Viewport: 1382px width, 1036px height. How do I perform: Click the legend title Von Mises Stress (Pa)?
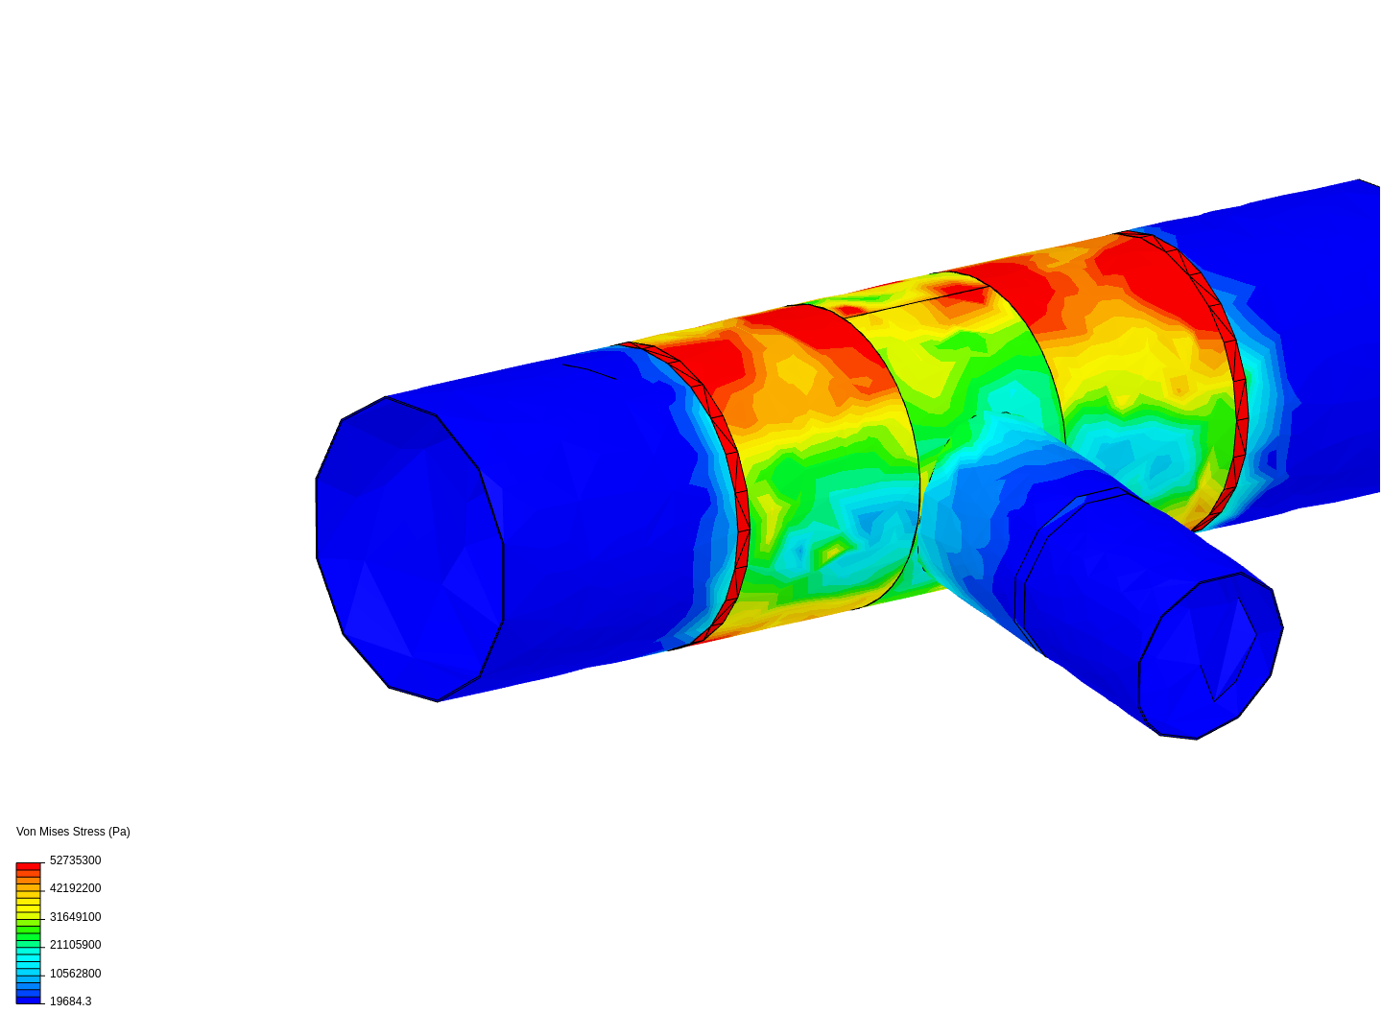coord(73,832)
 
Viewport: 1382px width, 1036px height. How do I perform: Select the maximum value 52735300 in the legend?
coord(75,860)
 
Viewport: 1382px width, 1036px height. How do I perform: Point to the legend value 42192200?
coord(75,888)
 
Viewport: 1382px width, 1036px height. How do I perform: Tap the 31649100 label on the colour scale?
coord(75,917)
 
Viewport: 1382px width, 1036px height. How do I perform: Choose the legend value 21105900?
coord(75,945)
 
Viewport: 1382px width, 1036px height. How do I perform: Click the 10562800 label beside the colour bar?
coord(75,974)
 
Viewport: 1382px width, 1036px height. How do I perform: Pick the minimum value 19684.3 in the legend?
coord(70,1001)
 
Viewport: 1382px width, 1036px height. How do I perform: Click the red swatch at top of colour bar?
coord(28,866)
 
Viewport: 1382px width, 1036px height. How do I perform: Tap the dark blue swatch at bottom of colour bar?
coord(28,1000)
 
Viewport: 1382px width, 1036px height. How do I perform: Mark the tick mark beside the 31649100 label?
coord(42,919)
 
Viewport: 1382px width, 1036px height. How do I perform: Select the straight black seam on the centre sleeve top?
coord(917,301)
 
